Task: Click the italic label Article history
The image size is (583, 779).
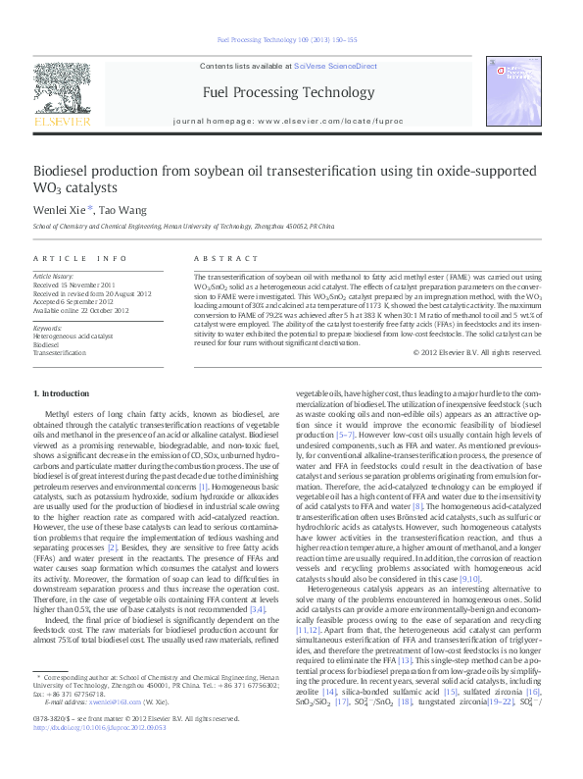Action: coord(53,277)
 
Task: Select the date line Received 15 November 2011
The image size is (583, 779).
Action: coord(74,285)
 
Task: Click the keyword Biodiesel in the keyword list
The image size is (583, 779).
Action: coord(46,344)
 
